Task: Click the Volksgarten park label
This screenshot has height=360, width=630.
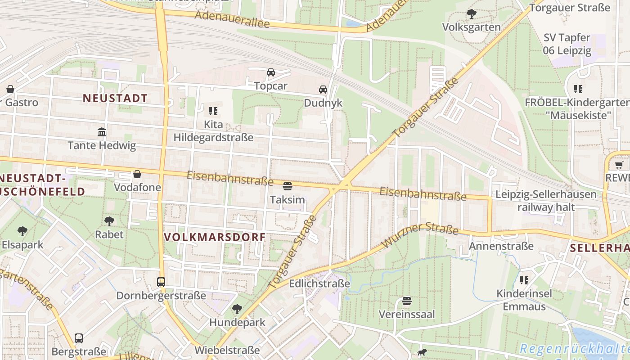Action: pos(471,27)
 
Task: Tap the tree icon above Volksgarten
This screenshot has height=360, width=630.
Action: pos(471,14)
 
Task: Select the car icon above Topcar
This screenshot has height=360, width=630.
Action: pos(270,72)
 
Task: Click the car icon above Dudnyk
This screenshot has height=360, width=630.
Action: pos(323,90)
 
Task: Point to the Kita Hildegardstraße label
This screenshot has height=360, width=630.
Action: pos(213,130)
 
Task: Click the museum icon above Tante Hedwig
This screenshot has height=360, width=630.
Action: pos(102,132)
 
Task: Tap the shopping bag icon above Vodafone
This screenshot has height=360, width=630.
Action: pos(137,174)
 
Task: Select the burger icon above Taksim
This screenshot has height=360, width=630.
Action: pos(288,186)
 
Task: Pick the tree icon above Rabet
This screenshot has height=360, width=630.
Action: pos(109,221)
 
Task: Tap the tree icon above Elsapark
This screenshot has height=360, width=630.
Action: pos(22,231)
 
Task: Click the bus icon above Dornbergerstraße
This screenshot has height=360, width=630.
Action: pos(161,282)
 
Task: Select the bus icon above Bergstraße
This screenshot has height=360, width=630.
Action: pos(79,338)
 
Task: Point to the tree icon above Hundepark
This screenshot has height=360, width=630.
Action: pos(237,309)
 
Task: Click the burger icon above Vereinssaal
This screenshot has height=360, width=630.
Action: pos(407,301)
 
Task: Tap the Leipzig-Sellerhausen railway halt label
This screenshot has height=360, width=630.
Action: pos(546,201)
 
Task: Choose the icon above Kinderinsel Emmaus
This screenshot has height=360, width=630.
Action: pos(524,280)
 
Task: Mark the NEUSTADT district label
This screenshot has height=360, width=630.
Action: pos(115,98)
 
